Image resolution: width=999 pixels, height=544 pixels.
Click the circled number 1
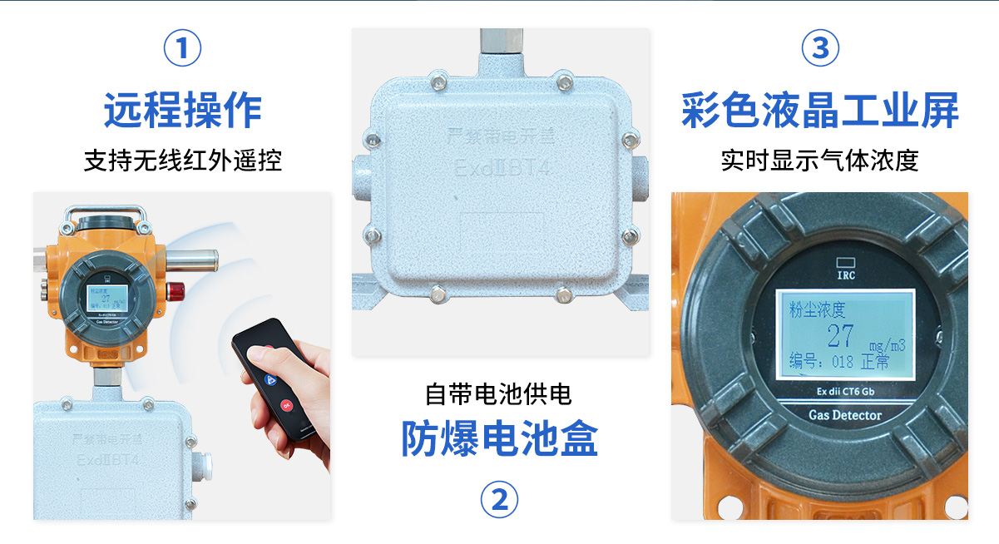tap(183, 48)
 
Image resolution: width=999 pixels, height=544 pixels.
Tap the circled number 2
tap(499, 499)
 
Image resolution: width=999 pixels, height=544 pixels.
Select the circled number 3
tap(819, 48)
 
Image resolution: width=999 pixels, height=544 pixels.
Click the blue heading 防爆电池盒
tap(499, 438)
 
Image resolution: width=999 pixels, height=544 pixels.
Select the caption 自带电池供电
tap(499, 393)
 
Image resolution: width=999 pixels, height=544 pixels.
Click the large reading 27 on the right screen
tap(840, 336)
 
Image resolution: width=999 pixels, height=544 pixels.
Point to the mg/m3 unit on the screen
tap(887, 344)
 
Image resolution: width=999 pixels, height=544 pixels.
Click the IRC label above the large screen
tap(844, 271)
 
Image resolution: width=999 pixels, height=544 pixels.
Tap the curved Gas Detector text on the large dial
tap(844, 414)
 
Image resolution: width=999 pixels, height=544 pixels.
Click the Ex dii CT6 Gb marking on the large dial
tap(844, 392)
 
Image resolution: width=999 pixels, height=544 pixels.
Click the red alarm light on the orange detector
tap(176, 290)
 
